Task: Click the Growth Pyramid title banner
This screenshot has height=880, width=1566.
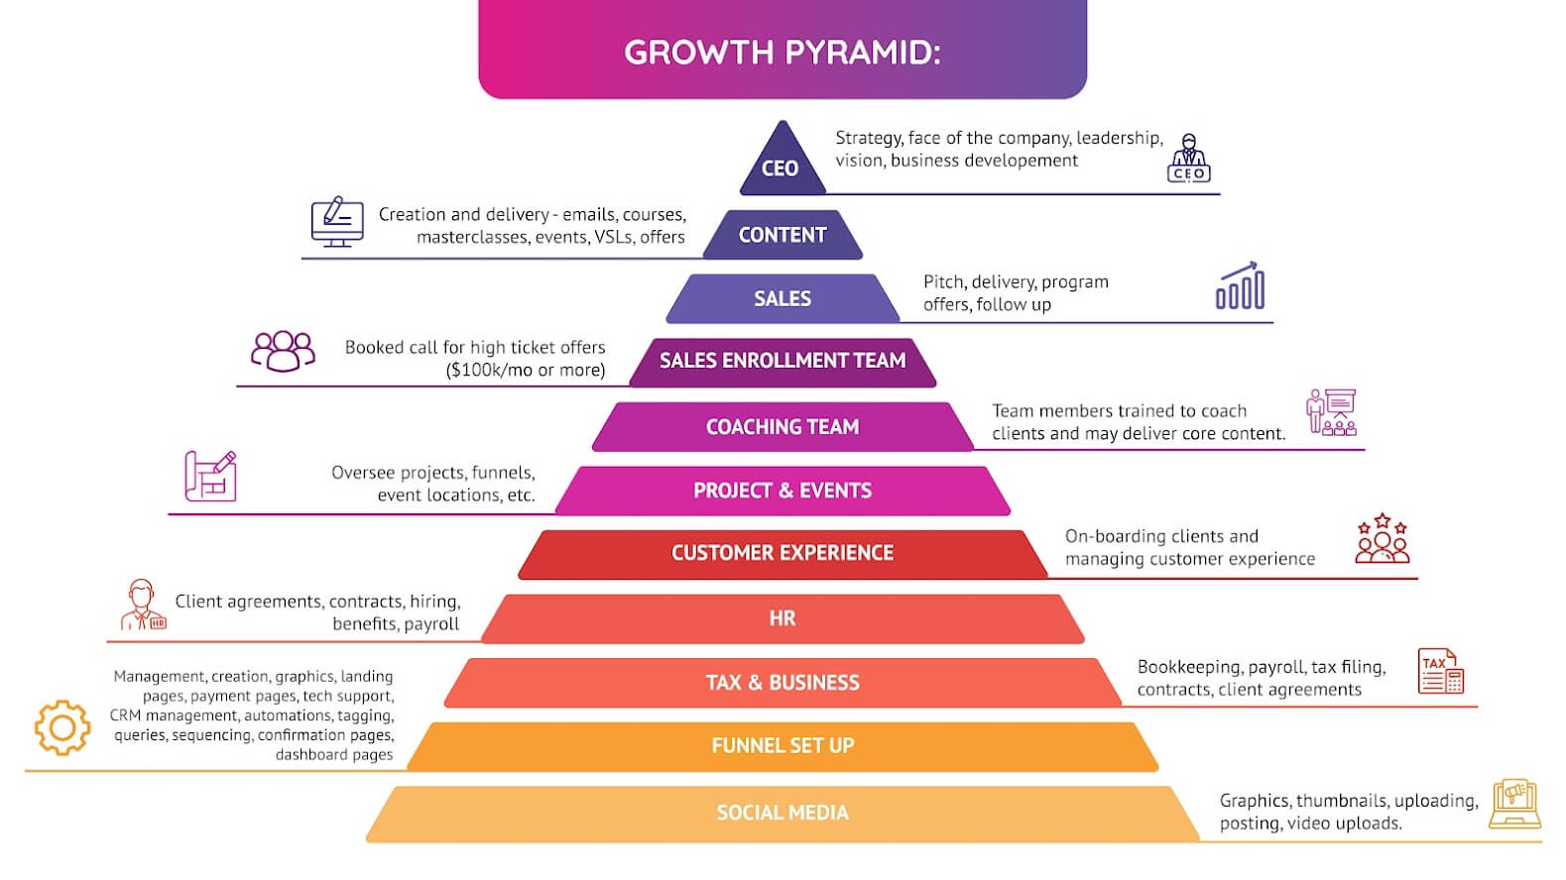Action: pyautogui.click(x=782, y=51)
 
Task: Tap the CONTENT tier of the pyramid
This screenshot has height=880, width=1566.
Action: pyautogui.click(x=782, y=235)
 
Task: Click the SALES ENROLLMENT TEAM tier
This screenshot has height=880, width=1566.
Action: pyautogui.click(x=782, y=361)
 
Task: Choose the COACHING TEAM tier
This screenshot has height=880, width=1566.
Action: pyautogui.click(x=782, y=427)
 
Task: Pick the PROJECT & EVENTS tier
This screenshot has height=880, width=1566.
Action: pyautogui.click(x=782, y=491)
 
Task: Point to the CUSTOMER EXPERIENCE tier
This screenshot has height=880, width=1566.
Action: pyautogui.click(x=782, y=553)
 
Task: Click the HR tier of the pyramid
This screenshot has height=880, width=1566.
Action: pyautogui.click(x=782, y=618)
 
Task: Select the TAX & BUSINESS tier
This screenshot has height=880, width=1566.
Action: pyautogui.click(x=782, y=682)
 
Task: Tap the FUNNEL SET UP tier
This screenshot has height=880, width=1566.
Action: pyautogui.click(x=782, y=746)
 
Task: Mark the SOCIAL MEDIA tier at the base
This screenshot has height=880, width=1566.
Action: pyautogui.click(x=782, y=813)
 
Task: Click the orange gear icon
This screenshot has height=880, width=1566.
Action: pyautogui.click(x=62, y=727)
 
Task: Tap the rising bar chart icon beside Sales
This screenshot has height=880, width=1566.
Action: pyautogui.click(x=1240, y=286)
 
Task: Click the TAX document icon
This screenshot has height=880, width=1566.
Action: pyautogui.click(x=1441, y=671)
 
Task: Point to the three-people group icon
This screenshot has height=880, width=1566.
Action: pyautogui.click(x=283, y=351)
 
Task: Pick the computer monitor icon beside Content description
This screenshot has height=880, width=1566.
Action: pyautogui.click(x=337, y=222)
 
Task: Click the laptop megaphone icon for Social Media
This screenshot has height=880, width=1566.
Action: pyautogui.click(x=1515, y=803)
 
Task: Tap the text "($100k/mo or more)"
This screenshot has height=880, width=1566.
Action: pyautogui.click(x=526, y=371)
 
